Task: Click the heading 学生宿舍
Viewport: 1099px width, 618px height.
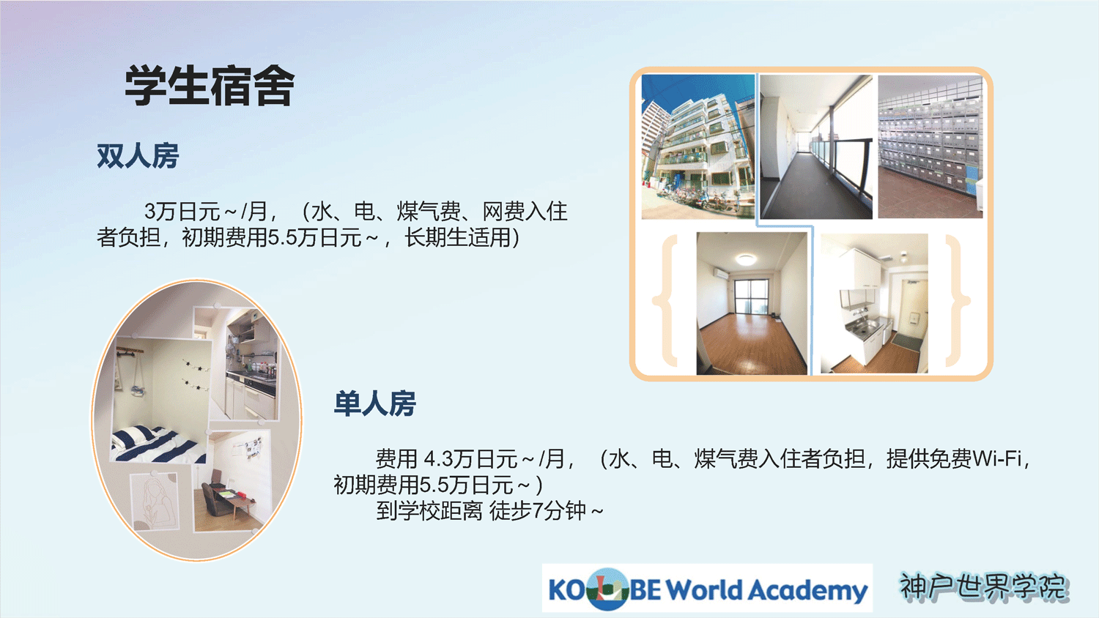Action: (210, 86)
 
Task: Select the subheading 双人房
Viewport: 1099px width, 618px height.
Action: (138, 157)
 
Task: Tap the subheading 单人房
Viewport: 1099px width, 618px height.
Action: (375, 403)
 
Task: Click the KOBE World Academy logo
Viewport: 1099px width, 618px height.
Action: (707, 589)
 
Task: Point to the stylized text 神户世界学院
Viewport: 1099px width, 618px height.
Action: (983, 587)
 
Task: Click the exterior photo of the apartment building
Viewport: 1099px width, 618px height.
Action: (697, 146)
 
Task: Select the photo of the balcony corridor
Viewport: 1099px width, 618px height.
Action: (816, 146)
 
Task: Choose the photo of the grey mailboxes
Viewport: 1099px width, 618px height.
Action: (930, 146)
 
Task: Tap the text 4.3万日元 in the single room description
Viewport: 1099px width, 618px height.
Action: (470, 459)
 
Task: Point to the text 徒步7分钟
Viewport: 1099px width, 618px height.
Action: (539, 510)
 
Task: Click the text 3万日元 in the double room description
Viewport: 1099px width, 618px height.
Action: (182, 212)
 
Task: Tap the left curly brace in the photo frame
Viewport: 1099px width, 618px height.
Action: (666, 300)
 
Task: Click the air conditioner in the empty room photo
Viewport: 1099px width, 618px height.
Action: (721, 273)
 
